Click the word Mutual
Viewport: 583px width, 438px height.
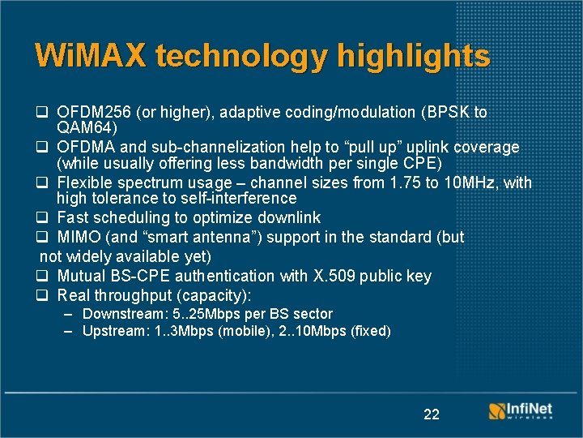click(81, 277)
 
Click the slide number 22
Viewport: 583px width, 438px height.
click(432, 414)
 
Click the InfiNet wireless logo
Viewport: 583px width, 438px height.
click(520, 410)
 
